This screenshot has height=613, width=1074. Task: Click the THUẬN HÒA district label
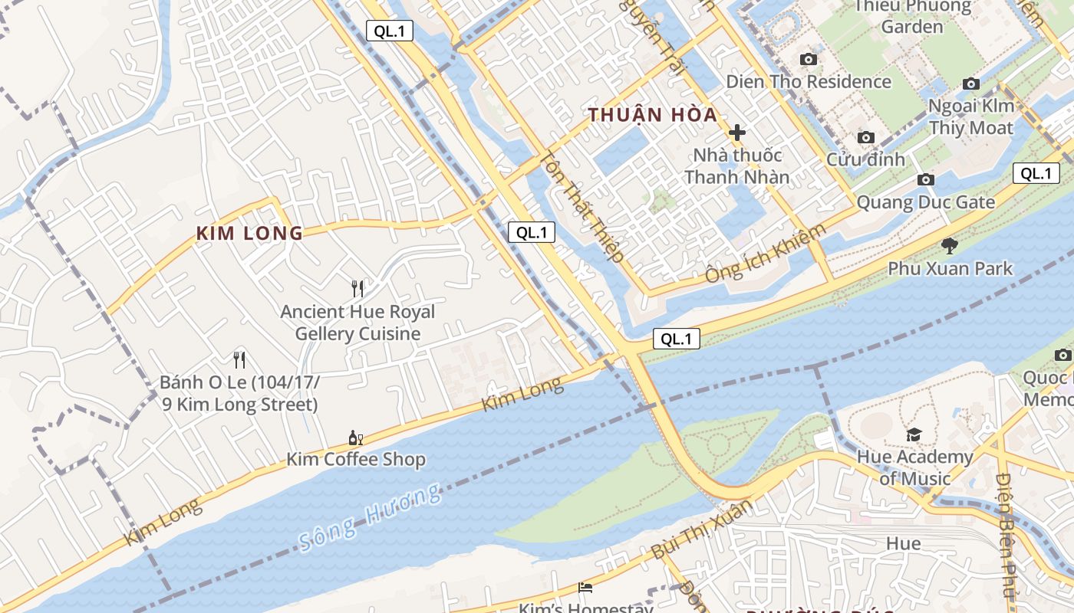point(653,116)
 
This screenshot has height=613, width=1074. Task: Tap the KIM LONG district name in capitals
point(250,234)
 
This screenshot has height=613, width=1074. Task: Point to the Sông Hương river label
point(371,518)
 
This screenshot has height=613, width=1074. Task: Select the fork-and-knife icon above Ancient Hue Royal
point(357,289)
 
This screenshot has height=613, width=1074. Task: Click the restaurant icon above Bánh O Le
point(239,359)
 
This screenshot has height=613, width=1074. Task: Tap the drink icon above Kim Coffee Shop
point(355,438)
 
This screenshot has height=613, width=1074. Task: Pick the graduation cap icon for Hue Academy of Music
point(914,435)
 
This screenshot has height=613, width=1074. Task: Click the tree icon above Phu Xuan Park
point(950,246)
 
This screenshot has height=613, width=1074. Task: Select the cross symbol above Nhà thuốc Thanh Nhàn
point(737,133)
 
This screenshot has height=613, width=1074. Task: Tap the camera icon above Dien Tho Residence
point(808,60)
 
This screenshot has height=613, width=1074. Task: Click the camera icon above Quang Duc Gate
point(926,180)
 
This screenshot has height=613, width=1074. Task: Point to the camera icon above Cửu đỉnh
point(866,138)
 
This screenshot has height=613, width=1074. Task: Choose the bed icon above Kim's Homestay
point(585,588)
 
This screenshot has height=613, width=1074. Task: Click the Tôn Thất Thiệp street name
point(582,206)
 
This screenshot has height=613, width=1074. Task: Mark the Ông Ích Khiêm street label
point(766,253)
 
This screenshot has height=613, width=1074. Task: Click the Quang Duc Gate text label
point(926,203)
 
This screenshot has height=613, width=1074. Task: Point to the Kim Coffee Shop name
point(356,460)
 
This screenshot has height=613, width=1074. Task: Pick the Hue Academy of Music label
point(914,467)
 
